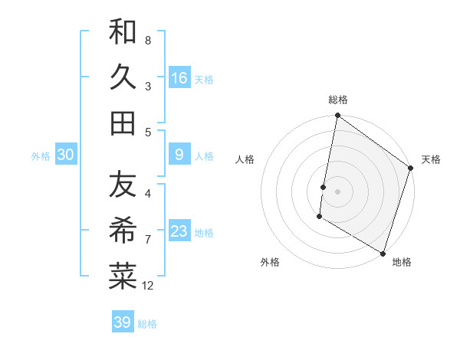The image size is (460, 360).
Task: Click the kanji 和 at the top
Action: click(x=123, y=32)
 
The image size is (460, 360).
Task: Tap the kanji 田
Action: click(x=123, y=123)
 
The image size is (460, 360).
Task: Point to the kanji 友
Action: click(x=123, y=185)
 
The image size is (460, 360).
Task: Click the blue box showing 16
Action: click(x=179, y=77)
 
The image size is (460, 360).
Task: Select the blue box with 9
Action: click(x=179, y=155)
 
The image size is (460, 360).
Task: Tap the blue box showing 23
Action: click(x=179, y=231)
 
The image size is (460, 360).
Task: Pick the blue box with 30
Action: click(x=66, y=155)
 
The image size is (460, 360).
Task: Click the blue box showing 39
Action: click(x=122, y=322)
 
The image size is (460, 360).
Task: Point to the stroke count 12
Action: click(x=148, y=286)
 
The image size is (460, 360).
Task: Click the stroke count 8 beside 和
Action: click(x=148, y=40)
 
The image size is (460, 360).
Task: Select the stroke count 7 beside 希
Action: click(x=148, y=240)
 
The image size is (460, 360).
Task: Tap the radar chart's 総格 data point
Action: click(x=337, y=116)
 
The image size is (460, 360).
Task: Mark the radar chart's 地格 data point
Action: click(x=383, y=252)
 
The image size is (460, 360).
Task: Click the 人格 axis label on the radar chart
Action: click(x=245, y=159)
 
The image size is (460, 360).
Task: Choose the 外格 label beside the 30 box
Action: click(x=41, y=155)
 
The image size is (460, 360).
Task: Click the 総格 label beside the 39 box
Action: click(x=147, y=324)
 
